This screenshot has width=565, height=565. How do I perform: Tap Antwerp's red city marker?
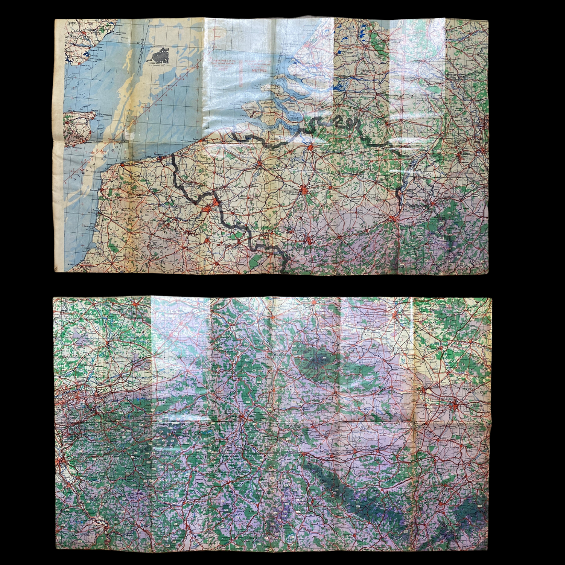pyautogui.click(x=311, y=148)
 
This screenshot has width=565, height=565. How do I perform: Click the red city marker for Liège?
pyautogui.click(x=392, y=217)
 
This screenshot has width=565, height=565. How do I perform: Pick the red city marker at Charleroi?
pyautogui.click(x=308, y=240)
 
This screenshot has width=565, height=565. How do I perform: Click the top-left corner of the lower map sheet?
pyautogui.click(x=54, y=298)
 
